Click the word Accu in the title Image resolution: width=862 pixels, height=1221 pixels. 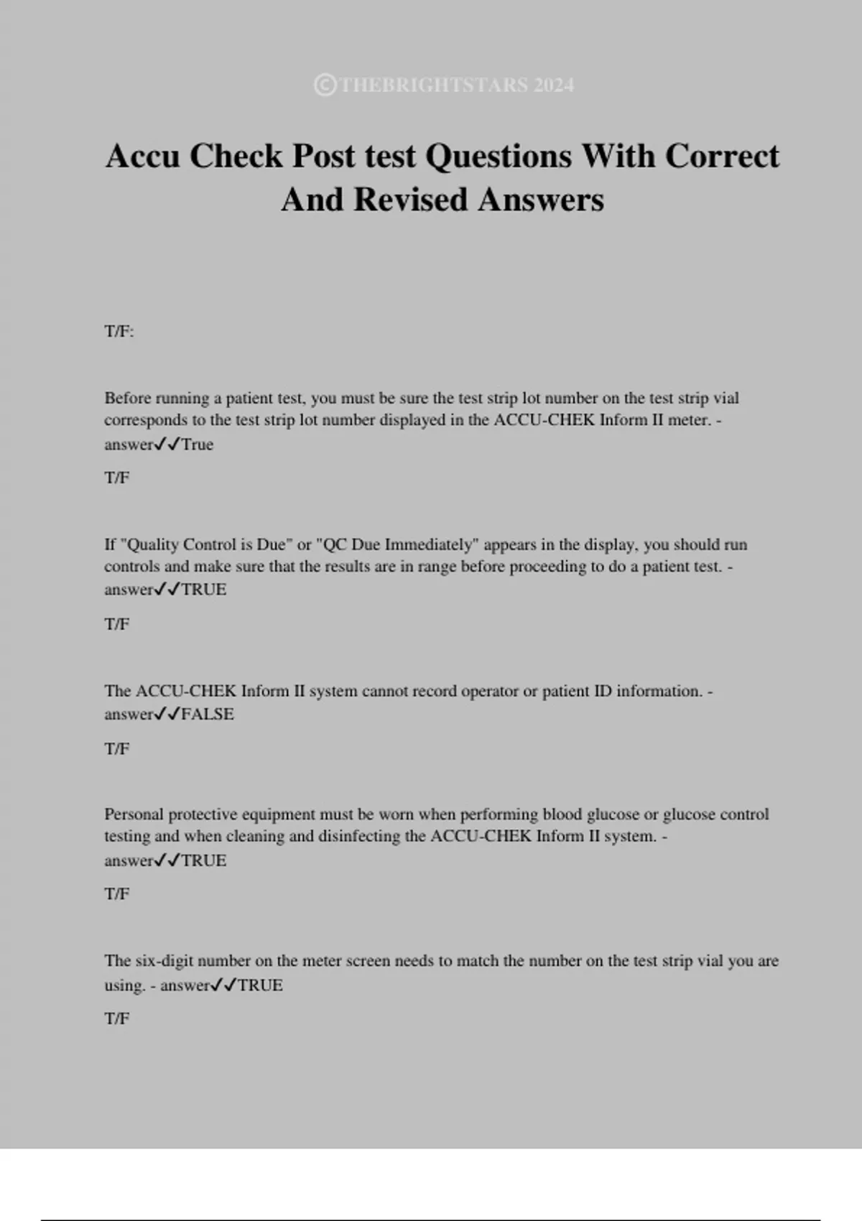pos(143,156)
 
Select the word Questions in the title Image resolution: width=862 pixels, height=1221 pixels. pos(499,156)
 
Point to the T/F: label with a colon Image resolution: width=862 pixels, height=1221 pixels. pos(119,332)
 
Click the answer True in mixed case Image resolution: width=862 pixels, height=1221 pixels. pos(198,445)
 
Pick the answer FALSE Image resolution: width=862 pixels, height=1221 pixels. pos(208,715)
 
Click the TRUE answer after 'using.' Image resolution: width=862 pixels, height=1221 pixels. pos(260,985)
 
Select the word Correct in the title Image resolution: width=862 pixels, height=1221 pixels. pos(722,156)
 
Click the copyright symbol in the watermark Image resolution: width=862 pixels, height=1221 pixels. pos(325,85)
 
